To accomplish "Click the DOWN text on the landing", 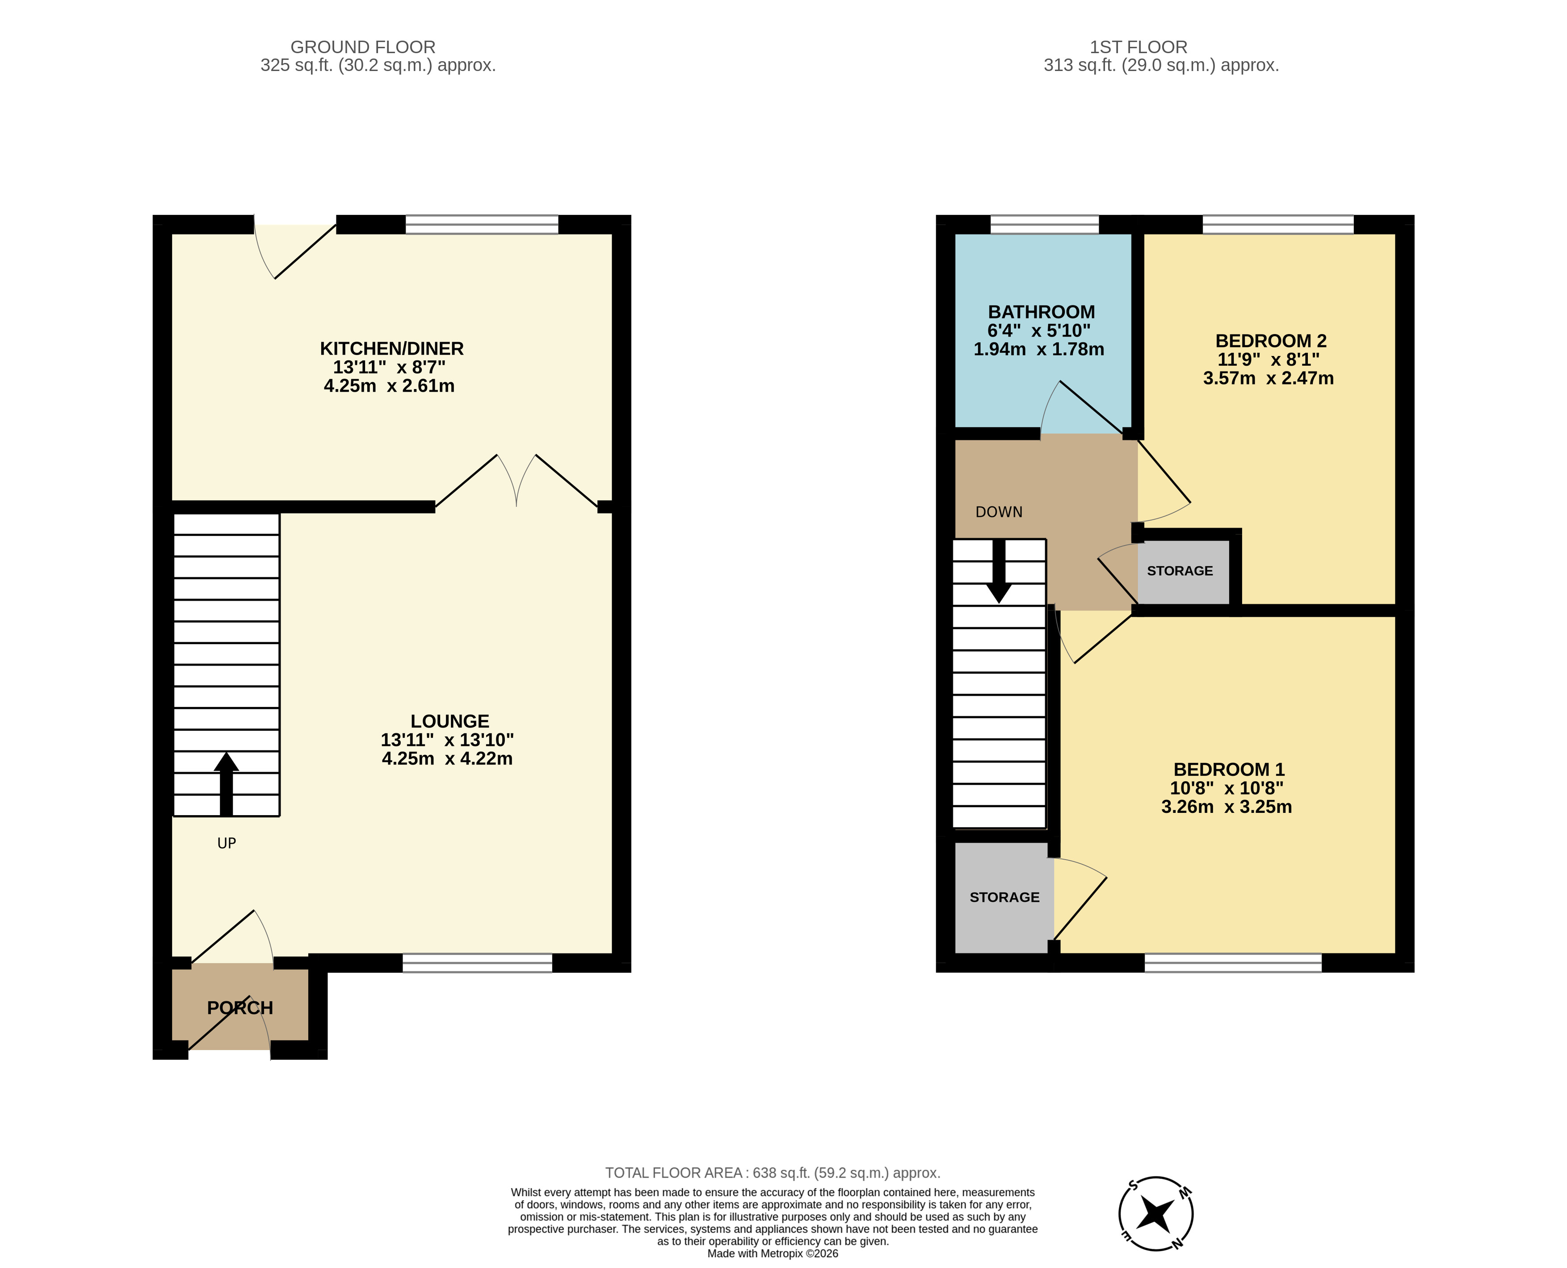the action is click(999, 512).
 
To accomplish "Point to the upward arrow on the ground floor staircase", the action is click(227, 784).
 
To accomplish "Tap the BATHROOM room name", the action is click(1041, 312).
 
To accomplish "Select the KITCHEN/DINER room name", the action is click(391, 348).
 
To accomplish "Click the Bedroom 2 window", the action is click(1278, 224).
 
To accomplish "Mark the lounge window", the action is click(477, 963).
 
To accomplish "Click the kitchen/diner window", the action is click(481, 224).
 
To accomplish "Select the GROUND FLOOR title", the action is click(363, 47).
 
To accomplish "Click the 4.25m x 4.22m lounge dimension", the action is click(447, 758).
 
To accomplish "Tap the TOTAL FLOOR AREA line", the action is click(772, 1172).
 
